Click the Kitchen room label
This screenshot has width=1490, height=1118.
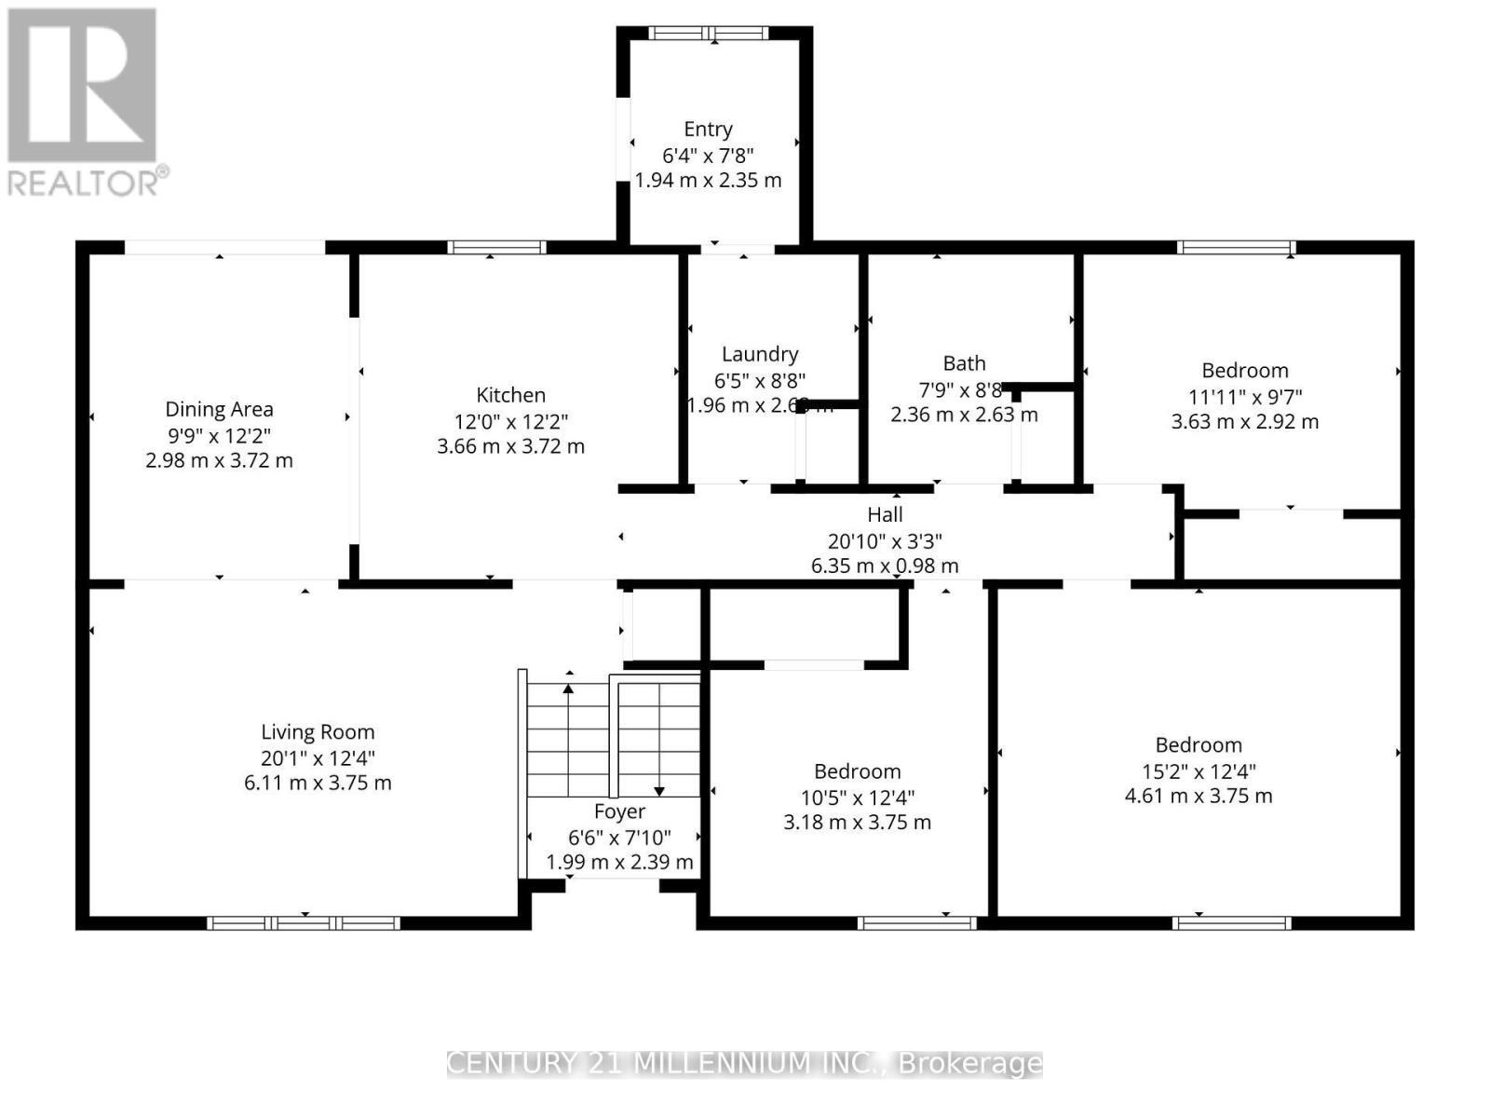(510, 395)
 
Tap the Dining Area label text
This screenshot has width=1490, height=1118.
(219, 409)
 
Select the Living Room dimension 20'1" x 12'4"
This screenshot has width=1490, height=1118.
(318, 757)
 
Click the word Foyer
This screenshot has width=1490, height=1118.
(619, 811)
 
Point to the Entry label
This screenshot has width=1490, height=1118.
(708, 130)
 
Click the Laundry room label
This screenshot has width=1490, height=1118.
(760, 354)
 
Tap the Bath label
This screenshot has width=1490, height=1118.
(964, 363)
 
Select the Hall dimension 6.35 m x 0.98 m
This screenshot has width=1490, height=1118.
(884, 566)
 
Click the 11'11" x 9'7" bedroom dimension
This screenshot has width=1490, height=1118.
(1244, 396)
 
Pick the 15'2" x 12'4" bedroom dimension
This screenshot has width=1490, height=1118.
(1199, 770)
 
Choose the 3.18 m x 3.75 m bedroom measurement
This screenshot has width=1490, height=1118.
(857, 822)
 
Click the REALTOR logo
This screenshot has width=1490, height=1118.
(84, 102)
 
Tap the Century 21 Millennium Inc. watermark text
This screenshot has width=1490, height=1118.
(744, 1063)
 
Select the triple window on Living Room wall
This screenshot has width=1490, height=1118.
(304, 922)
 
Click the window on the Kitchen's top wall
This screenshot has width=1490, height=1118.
(496, 247)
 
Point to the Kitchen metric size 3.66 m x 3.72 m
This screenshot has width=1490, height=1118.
(510, 446)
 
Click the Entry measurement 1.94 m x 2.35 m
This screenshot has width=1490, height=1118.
(708, 181)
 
